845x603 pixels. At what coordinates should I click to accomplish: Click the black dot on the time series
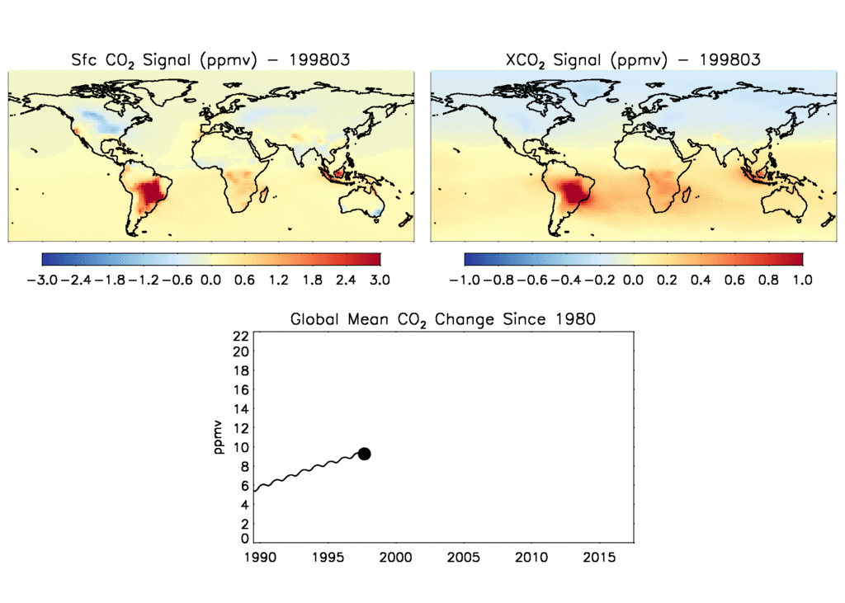(x=364, y=454)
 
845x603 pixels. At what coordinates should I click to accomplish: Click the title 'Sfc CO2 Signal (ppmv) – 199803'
(x=210, y=59)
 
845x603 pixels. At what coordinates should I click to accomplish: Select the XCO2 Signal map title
(x=633, y=59)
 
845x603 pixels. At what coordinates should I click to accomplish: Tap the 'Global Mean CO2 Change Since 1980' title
(x=442, y=319)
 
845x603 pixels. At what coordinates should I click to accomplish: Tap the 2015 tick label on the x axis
(x=599, y=558)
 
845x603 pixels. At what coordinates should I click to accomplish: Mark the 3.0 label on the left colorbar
(x=380, y=280)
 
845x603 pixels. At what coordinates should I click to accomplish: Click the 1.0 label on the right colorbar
(x=802, y=280)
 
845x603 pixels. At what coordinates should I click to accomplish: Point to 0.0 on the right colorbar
(x=633, y=280)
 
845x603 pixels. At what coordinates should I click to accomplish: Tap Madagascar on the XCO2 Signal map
(x=685, y=196)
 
